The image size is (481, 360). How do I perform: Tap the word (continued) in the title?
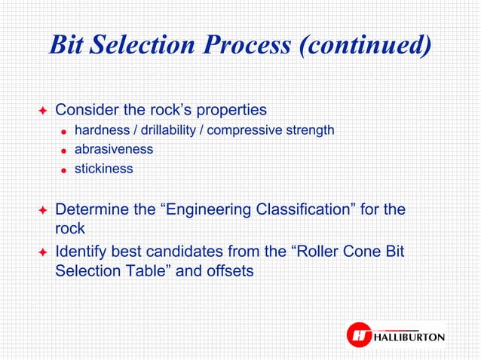(365, 46)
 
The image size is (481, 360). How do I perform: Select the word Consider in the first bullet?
(86, 110)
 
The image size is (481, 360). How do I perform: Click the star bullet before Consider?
(42, 111)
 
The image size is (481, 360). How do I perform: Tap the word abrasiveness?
(113, 149)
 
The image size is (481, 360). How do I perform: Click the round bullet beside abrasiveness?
(65, 151)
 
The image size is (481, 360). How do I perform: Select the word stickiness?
(103, 169)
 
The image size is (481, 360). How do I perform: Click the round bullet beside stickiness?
(65, 170)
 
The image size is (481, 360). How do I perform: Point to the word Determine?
(91, 209)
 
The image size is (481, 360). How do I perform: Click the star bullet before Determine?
(42, 209)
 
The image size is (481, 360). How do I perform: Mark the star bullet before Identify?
(42, 252)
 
